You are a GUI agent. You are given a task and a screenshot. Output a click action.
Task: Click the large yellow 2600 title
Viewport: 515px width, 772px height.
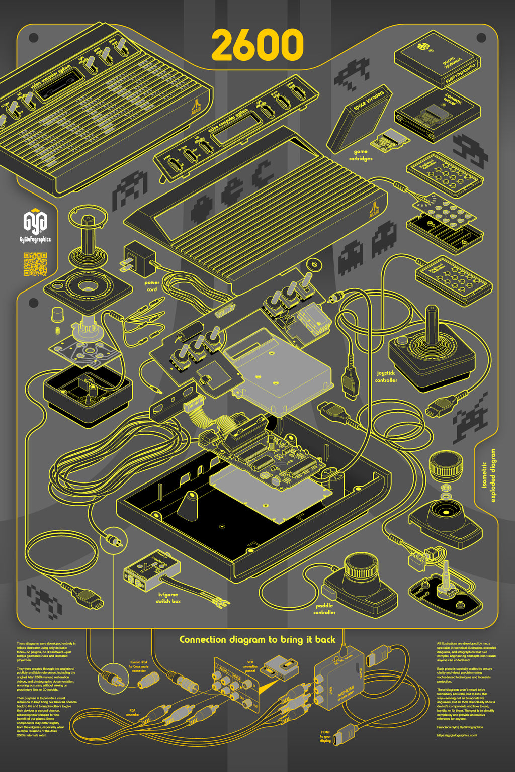point(257,45)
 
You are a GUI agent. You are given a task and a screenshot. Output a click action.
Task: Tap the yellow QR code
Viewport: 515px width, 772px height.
point(35,264)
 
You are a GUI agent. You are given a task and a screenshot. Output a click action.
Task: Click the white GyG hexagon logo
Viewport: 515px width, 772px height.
point(35,221)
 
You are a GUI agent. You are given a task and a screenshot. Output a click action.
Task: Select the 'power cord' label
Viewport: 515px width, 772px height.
point(152,286)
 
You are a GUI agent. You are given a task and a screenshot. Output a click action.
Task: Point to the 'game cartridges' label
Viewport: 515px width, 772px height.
point(361,155)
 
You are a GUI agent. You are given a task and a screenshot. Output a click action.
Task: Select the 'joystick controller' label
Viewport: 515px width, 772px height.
point(386,376)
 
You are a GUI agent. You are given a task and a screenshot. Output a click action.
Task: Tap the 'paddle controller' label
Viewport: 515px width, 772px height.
point(324,609)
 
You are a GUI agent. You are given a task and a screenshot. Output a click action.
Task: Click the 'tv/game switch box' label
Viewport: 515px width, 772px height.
point(168,598)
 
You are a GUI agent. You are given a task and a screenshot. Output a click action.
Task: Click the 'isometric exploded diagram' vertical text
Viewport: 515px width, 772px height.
point(488,475)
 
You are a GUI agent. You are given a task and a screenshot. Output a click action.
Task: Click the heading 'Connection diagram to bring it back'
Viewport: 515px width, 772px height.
point(257,640)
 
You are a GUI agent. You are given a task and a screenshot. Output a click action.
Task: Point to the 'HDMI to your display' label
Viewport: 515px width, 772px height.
point(325,736)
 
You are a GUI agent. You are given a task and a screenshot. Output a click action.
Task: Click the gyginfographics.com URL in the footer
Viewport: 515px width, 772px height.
point(457,735)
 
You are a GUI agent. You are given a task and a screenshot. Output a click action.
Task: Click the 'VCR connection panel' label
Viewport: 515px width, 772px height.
point(250,666)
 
